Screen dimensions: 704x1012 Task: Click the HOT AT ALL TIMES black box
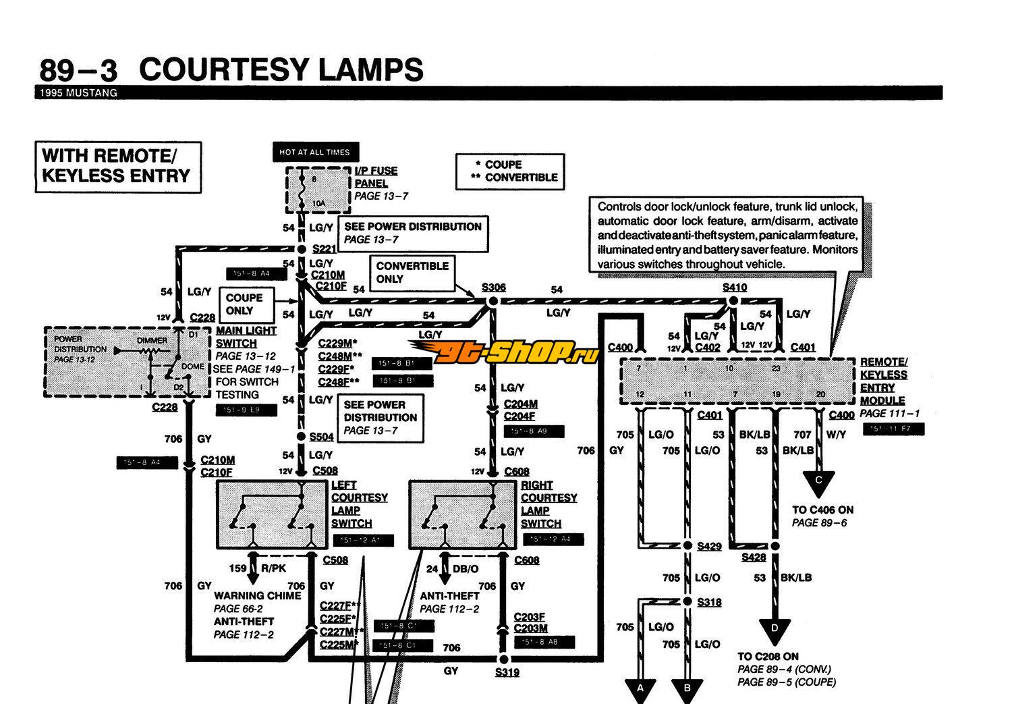click(314, 152)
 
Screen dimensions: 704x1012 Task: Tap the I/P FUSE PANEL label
click(376, 177)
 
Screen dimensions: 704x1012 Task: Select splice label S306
click(493, 288)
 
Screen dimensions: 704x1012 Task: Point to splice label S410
click(735, 287)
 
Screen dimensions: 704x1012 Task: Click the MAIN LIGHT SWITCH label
click(246, 337)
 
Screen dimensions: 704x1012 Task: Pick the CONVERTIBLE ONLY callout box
click(412, 273)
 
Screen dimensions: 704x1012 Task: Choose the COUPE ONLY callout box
click(244, 304)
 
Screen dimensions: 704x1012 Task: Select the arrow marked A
click(642, 690)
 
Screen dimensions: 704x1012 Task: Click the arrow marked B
click(687, 690)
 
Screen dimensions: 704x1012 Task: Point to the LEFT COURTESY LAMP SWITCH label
click(359, 504)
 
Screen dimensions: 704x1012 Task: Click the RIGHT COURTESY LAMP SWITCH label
click(549, 504)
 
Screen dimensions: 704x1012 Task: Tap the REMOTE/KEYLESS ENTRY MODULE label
click(884, 381)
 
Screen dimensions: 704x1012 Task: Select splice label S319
click(507, 672)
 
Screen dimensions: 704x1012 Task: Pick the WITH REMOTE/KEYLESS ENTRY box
click(118, 167)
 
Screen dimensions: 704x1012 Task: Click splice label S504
click(321, 437)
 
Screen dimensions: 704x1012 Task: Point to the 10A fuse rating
click(318, 202)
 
